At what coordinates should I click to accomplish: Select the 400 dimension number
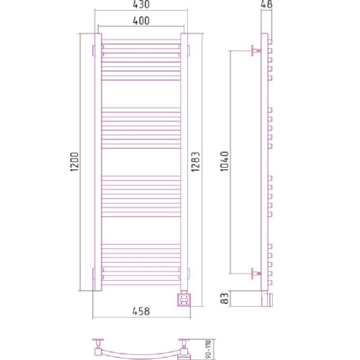tap(140, 22)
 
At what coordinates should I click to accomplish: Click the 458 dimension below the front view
tap(140, 311)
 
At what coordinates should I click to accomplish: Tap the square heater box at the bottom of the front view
tap(185, 297)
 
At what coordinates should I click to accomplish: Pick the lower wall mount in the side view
tap(253, 273)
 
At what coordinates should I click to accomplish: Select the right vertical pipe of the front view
tap(184, 166)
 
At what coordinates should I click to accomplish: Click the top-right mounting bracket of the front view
tap(189, 49)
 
